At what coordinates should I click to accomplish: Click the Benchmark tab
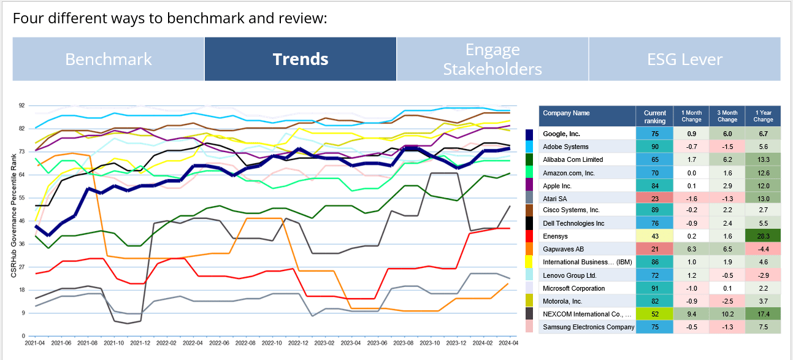[x=109, y=59]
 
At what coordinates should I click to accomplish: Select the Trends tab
[x=301, y=59]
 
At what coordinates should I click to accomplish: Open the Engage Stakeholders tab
[x=492, y=59]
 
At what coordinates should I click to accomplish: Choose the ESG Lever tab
[x=684, y=59]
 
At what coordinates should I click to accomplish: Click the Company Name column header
[x=587, y=113]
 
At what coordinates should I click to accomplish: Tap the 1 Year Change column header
[x=762, y=116]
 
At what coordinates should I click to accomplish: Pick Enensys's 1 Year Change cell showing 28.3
[x=762, y=237]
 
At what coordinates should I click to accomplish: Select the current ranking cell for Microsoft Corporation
[x=654, y=288]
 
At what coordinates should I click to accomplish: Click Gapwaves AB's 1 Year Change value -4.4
[x=762, y=250]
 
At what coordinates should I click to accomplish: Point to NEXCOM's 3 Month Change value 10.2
[x=727, y=314]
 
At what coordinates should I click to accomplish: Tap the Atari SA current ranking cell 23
[x=654, y=198]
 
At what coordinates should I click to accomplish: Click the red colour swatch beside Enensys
[x=530, y=237]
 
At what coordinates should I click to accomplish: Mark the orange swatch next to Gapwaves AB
[x=530, y=250]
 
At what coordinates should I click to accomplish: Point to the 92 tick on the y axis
[x=21, y=105]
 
